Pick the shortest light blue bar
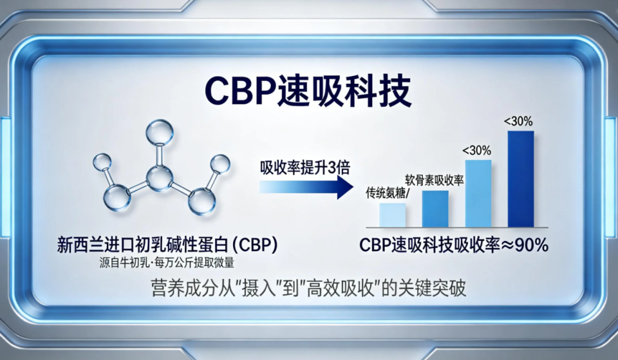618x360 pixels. click(x=392, y=214)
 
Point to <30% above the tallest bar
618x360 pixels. click(x=518, y=120)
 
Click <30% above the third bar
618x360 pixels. click(x=476, y=150)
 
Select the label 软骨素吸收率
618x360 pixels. click(x=435, y=180)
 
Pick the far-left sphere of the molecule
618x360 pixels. click(x=103, y=164)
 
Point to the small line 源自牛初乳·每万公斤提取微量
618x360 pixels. click(x=166, y=262)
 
